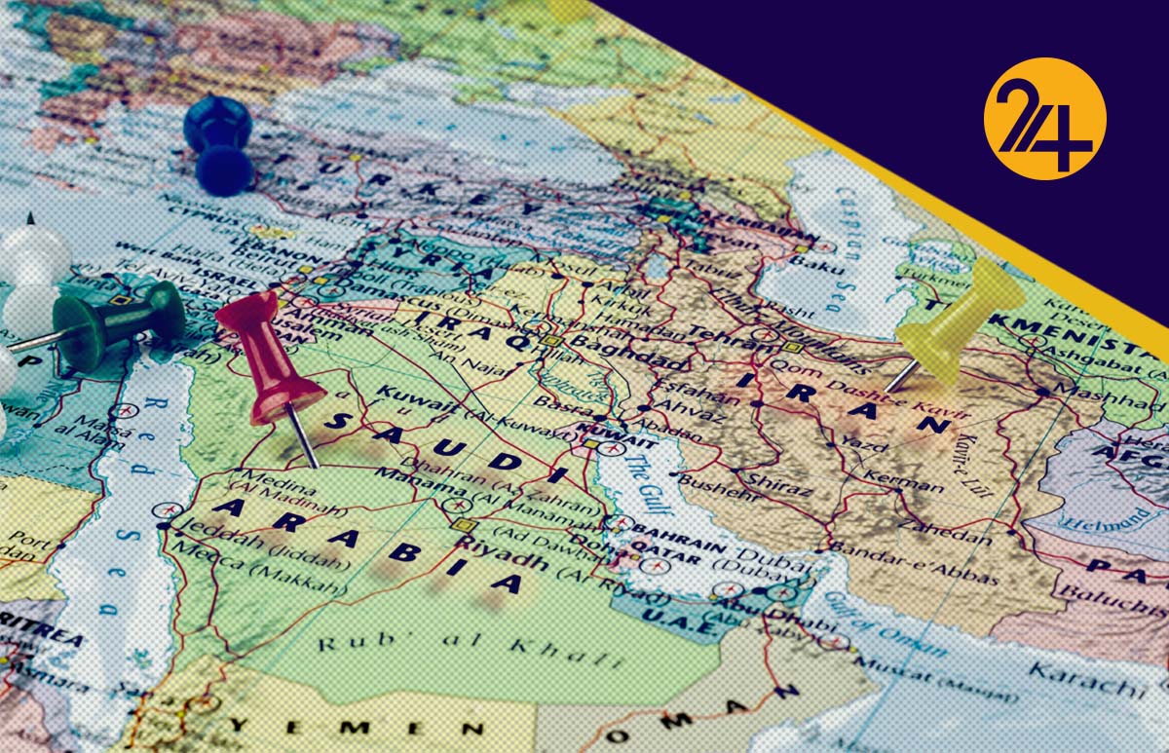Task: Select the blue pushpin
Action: tap(220, 141)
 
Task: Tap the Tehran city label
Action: tap(723, 336)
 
